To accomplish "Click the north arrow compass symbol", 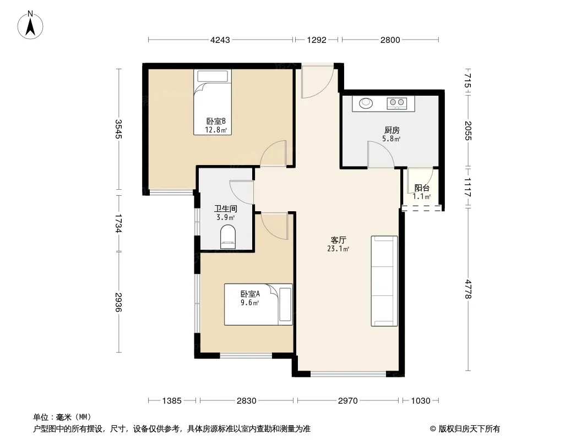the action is (x=30, y=25).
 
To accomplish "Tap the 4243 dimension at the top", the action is (x=220, y=40).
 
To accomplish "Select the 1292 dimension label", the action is (x=317, y=40).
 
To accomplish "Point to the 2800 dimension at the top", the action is (x=390, y=40).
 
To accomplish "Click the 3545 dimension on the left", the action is (x=119, y=129).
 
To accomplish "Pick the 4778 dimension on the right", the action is (x=468, y=289).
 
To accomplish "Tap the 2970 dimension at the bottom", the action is (x=348, y=401).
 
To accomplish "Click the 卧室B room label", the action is (x=216, y=121).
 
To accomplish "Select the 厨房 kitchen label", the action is (x=392, y=130).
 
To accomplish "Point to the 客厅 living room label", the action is (x=339, y=240).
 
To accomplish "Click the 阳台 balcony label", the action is (x=422, y=188).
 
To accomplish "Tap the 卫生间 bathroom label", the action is (x=225, y=208).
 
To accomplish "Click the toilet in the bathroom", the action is (x=227, y=237).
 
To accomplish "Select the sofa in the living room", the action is (x=384, y=280).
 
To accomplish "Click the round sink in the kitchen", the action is (x=366, y=103).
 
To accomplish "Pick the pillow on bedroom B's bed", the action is (x=213, y=76).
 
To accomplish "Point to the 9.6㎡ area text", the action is (x=249, y=303).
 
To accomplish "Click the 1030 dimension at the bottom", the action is (x=421, y=401).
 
